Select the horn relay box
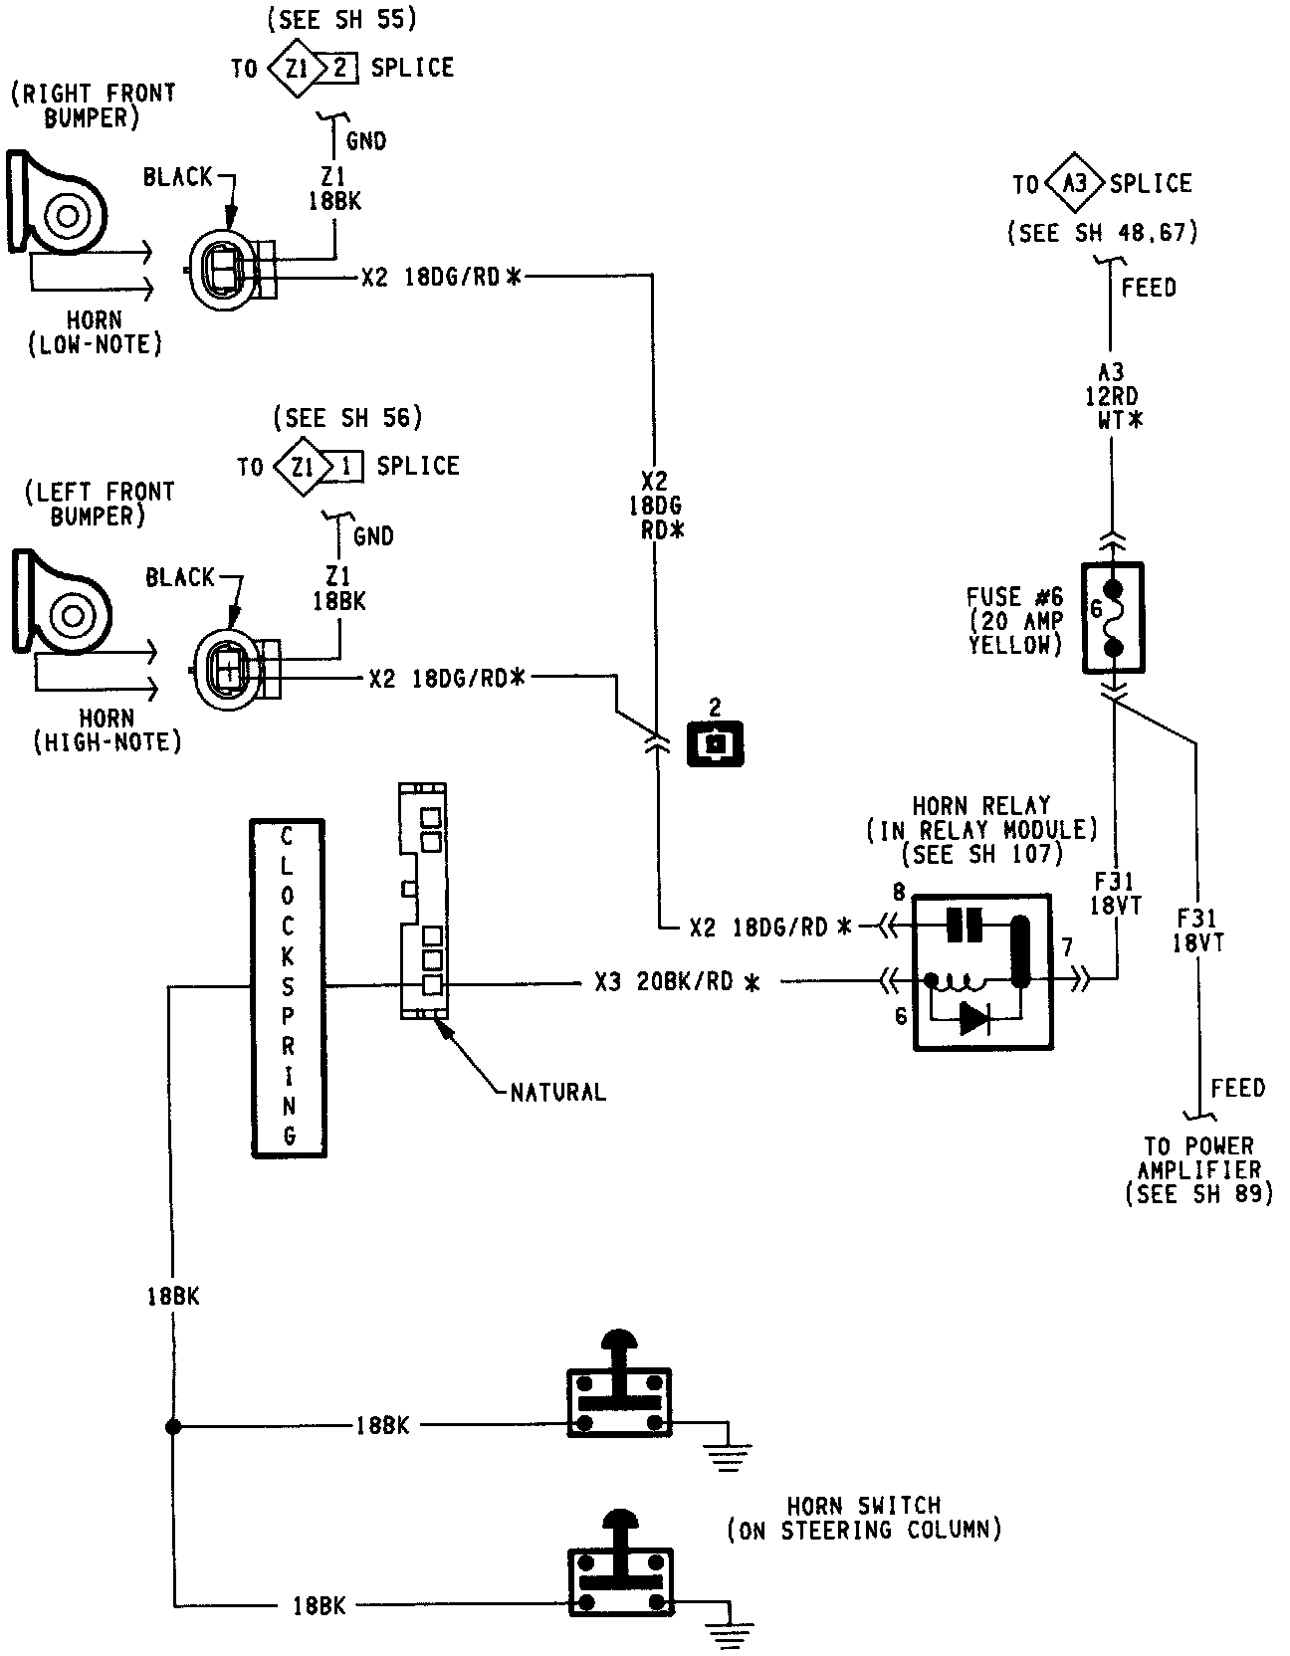[981, 971]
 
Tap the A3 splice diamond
[1076, 184]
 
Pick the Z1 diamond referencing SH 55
[296, 68]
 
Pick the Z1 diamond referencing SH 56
[301, 466]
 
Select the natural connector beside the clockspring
[423, 902]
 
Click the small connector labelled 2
[715, 742]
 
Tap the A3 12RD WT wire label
[1111, 396]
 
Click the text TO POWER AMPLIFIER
[1198, 1157]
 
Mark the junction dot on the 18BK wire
[173, 1426]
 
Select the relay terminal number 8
[899, 893]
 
